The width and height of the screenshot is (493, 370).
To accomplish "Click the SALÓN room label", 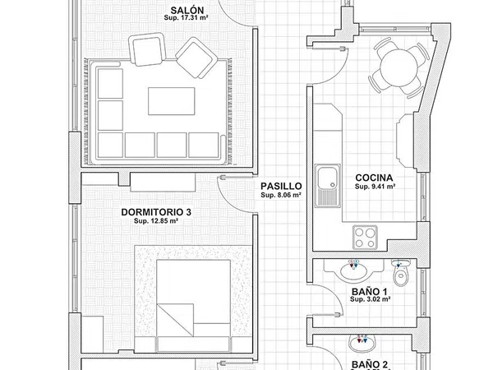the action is (x=187, y=10).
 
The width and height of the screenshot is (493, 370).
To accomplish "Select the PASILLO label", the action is (x=281, y=187).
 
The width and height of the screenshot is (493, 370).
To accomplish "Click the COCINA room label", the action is (x=374, y=178).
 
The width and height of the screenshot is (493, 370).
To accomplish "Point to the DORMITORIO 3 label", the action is (x=156, y=212).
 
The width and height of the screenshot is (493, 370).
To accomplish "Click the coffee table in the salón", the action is (x=172, y=101).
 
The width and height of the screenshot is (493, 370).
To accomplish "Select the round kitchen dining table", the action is (x=398, y=67).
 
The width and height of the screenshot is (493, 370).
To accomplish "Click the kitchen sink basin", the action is (x=327, y=178).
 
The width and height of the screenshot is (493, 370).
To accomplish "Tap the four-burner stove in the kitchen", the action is (x=365, y=238).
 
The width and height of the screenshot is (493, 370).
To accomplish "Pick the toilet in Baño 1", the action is (x=401, y=272).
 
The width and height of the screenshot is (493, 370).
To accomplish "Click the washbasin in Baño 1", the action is (x=353, y=271).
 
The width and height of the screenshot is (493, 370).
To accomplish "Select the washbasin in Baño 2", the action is (x=362, y=344).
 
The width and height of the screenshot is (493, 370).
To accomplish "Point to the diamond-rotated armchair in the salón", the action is (x=196, y=58).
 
